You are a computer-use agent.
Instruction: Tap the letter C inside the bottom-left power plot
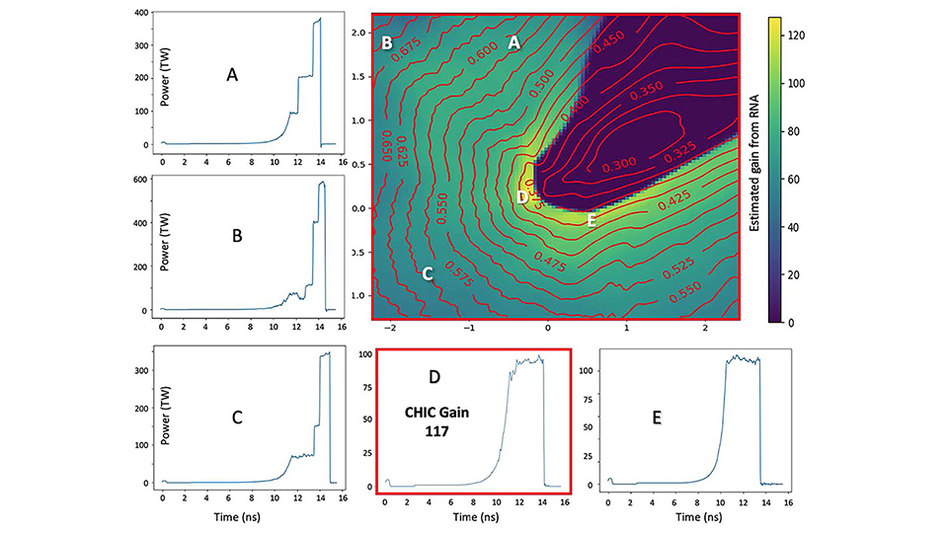pos(237,417)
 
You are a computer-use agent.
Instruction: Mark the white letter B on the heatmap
pos(387,43)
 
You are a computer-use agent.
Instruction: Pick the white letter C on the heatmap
pos(428,273)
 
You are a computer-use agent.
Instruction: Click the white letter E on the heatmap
pos(592,221)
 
